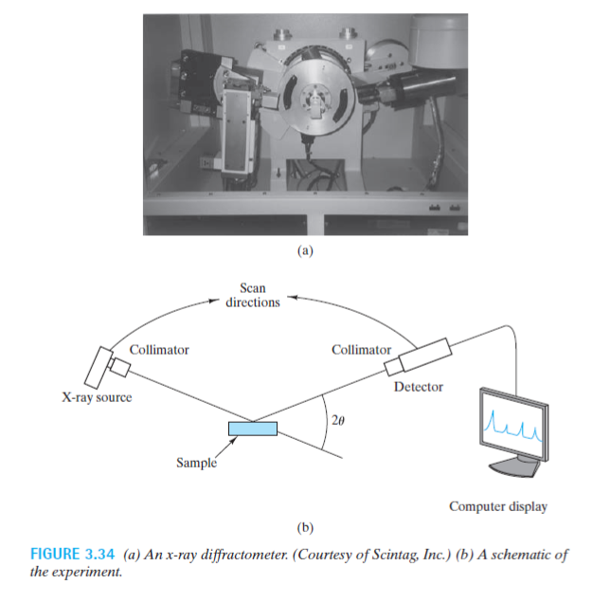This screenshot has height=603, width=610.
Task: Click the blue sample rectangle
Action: [253, 429]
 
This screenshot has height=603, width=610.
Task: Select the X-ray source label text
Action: [91, 397]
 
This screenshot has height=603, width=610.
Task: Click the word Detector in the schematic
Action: [418, 387]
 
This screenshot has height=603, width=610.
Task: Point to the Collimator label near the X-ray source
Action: [158, 350]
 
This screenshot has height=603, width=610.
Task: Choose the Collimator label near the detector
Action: [361, 350]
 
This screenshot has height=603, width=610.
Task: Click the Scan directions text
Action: [253, 295]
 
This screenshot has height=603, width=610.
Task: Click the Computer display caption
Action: [498, 506]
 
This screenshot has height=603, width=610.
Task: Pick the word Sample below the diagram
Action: [196, 463]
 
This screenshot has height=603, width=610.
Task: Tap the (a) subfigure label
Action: [305, 252]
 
